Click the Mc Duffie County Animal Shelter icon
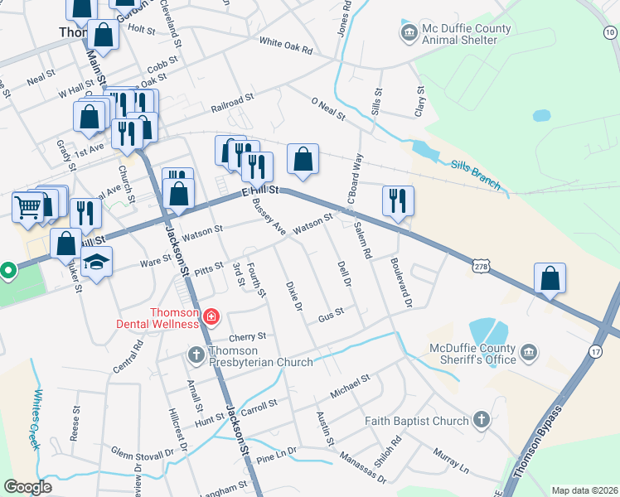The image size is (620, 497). point(409,34)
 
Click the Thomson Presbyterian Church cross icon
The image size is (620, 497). point(196,355)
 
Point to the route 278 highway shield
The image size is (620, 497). point(481,267)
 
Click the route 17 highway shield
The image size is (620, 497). point(595,351)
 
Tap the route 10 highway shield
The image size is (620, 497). point(610,31)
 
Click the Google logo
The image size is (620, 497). point(28,487)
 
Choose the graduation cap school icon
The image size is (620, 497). point(98,263)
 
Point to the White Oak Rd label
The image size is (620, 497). point(285,46)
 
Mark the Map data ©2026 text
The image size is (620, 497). point(584,490)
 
